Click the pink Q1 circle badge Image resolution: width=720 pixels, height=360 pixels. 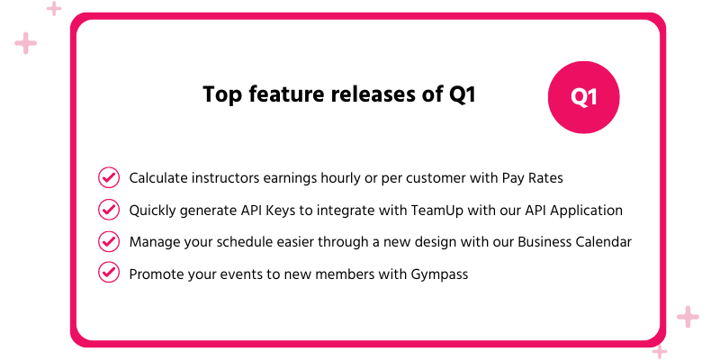tap(584, 97)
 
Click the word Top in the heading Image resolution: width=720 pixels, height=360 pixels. tap(220, 95)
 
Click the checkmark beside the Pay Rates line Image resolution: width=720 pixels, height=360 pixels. tap(108, 178)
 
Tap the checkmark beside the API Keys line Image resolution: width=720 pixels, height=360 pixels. tap(108, 210)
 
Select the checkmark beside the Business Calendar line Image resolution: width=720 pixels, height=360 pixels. tap(108, 241)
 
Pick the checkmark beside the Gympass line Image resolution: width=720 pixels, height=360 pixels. tap(108, 272)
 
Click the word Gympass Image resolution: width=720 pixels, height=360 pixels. tap(438, 274)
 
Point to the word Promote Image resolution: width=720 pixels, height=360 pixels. tap(157, 273)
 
